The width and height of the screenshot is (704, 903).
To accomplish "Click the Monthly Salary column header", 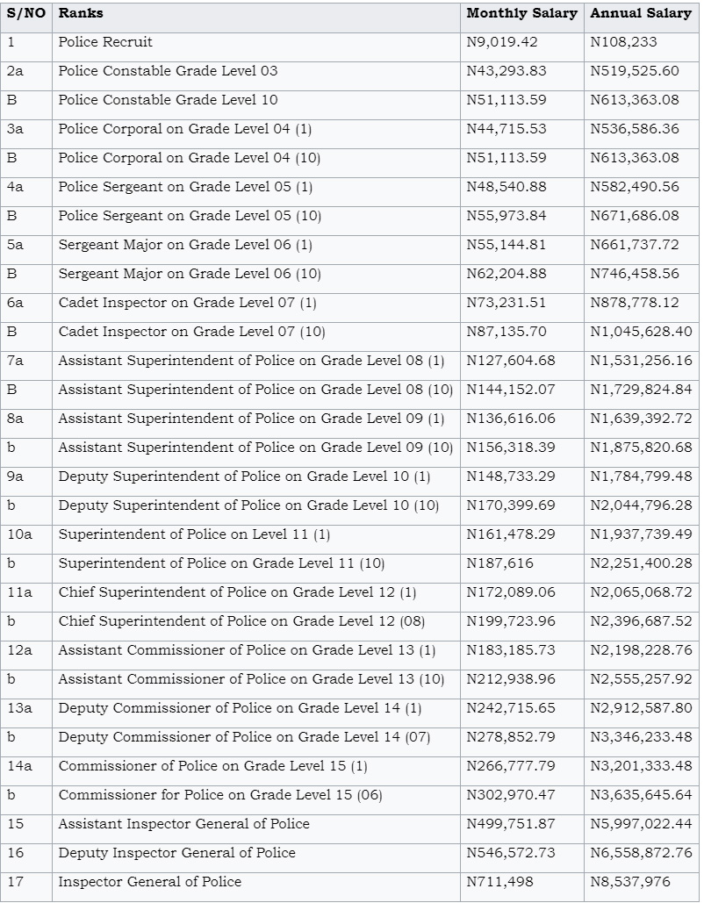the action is tap(521, 13).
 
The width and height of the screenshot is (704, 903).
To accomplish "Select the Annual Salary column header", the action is tap(641, 13).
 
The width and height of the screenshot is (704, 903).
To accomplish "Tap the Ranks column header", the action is tap(81, 13).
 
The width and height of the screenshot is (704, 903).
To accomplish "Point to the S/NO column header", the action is tap(25, 13).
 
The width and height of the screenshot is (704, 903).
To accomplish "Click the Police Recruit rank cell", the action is tap(105, 42).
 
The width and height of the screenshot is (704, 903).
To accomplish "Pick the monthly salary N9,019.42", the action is tap(502, 42).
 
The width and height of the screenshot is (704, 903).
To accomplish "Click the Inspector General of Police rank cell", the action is tap(149, 881).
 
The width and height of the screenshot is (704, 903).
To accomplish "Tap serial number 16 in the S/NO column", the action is tap(16, 852).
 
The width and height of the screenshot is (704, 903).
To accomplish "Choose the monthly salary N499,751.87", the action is tap(511, 823).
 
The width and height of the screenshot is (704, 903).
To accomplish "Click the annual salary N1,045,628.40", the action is tap(641, 332).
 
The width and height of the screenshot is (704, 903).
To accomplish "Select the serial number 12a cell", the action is tap(19, 650).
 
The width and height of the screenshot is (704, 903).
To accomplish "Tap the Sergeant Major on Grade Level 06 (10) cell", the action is tap(190, 274).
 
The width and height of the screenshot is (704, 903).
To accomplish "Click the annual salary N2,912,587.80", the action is tap(641, 707).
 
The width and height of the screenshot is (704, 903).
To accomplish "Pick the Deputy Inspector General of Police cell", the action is tap(176, 852).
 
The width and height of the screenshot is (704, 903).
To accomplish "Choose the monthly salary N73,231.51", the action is tap(506, 303).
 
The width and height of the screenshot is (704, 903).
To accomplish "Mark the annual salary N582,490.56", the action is tap(635, 187).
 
